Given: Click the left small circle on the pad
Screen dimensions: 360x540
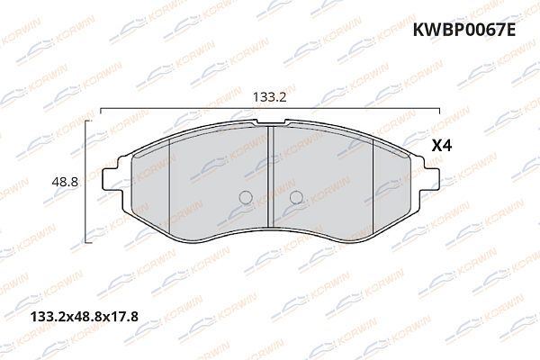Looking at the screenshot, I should coord(246,198).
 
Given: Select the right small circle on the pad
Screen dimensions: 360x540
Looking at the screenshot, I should coord(296,198).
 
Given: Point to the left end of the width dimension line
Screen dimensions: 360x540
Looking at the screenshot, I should coord(101,109).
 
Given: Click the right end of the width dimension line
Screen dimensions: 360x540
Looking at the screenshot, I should coord(440,109).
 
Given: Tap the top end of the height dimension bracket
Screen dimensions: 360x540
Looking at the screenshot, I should coord(85,121).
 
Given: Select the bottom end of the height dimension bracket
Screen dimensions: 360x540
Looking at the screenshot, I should coord(85,242).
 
